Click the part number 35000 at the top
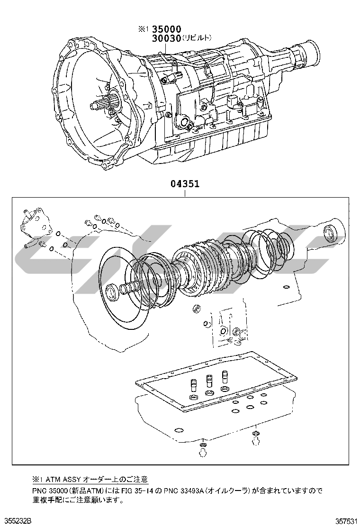(167, 29)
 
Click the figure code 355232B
(16, 521)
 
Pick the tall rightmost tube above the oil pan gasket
(225, 377)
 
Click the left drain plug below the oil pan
(203, 449)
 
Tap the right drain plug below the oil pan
(256, 438)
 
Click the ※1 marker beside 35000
(143, 29)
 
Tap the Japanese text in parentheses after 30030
(197, 38)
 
